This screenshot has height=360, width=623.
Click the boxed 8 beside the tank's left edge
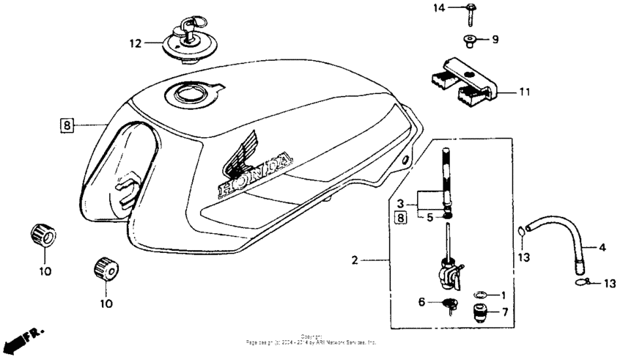click(x=67, y=125)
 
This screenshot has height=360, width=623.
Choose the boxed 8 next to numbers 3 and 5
click(x=400, y=216)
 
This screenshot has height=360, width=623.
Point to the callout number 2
click(x=354, y=260)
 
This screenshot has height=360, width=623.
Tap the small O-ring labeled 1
click(x=479, y=295)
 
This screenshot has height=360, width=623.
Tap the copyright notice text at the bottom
click(x=312, y=340)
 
